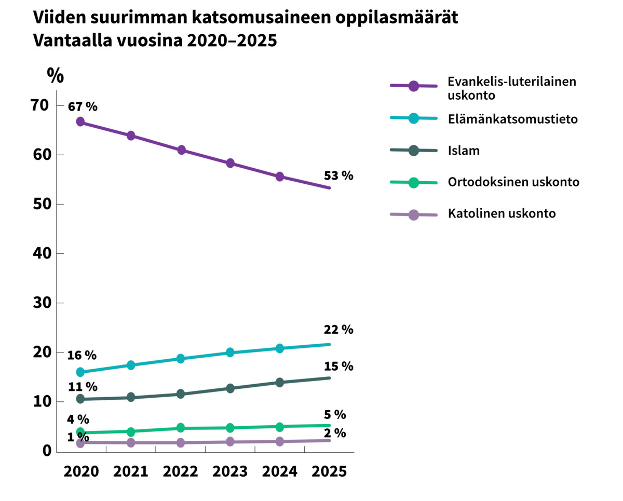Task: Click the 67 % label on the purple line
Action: [83, 106]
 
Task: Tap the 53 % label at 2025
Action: [338, 175]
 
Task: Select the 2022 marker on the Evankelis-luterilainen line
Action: [182, 150]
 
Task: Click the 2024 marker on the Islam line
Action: [280, 383]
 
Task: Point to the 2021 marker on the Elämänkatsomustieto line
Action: [131, 365]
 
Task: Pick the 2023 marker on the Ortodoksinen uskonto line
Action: [231, 428]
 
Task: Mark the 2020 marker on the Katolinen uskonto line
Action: [80, 443]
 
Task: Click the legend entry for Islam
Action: [463, 151]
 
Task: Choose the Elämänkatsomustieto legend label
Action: [512, 119]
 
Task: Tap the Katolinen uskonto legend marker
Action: [414, 214]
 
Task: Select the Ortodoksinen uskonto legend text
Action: [513, 182]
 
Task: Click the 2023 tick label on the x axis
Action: [230, 471]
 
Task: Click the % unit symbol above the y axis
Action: [55, 76]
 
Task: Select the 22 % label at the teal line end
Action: [338, 330]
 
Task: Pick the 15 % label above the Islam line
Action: [338, 367]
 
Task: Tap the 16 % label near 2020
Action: [82, 356]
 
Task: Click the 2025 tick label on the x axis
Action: [329, 471]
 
